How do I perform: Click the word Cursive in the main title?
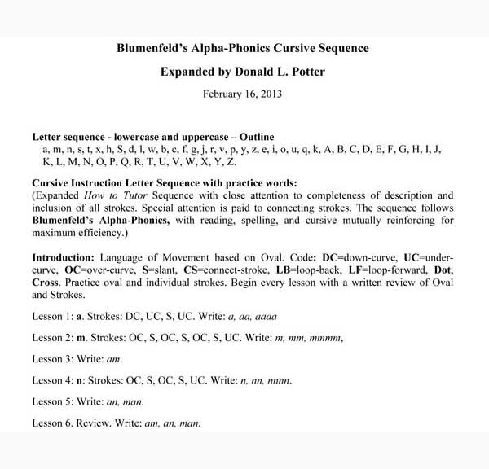pyautogui.click(x=287, y=48)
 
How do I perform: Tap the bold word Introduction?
pyautogui.click(x=66, y=258)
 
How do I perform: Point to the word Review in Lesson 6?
pyautogui.click(x=100, y=423)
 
